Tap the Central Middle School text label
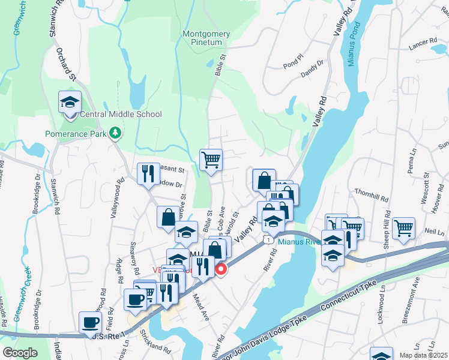pos(121,114)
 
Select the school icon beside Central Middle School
pos(70,102)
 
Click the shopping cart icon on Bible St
pos(211,160)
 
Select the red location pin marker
pos(221,269)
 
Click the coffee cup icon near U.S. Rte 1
pos(90,323)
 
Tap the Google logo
pos(20,352)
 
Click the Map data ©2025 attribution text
pos(423,355)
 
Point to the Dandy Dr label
pos(312,68)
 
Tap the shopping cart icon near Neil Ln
pos(403,229)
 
